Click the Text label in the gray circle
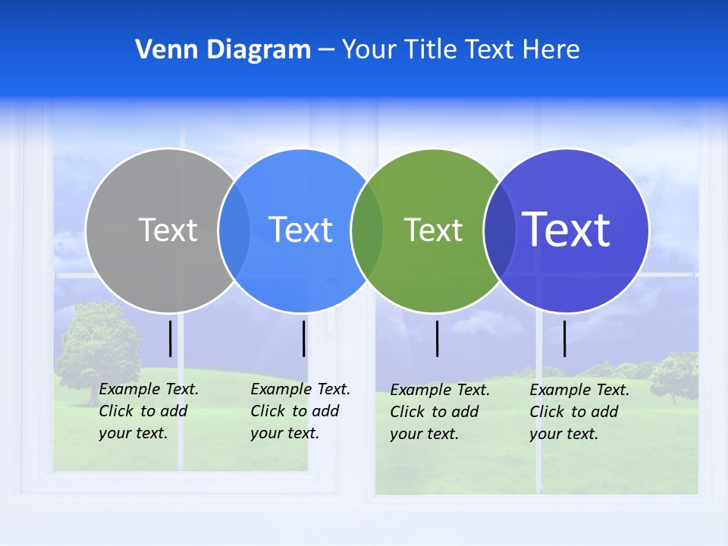[x=168, y=230]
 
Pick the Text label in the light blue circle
[x=300, y=230]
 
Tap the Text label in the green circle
[x=433, y=230]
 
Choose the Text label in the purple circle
[x=566, y=230]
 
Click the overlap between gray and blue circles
[x=234, y=230]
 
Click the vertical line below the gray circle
[x=171, y=338]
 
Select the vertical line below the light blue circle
[x=303, y=338]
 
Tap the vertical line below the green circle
[x=437, y=338]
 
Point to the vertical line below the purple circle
[x=564, y=338]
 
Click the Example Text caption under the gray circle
[x=148, y=411]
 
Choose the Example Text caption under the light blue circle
[x=300, y=411]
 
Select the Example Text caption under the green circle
[x=439, y=412]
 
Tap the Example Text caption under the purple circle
[x=579, y=412]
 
